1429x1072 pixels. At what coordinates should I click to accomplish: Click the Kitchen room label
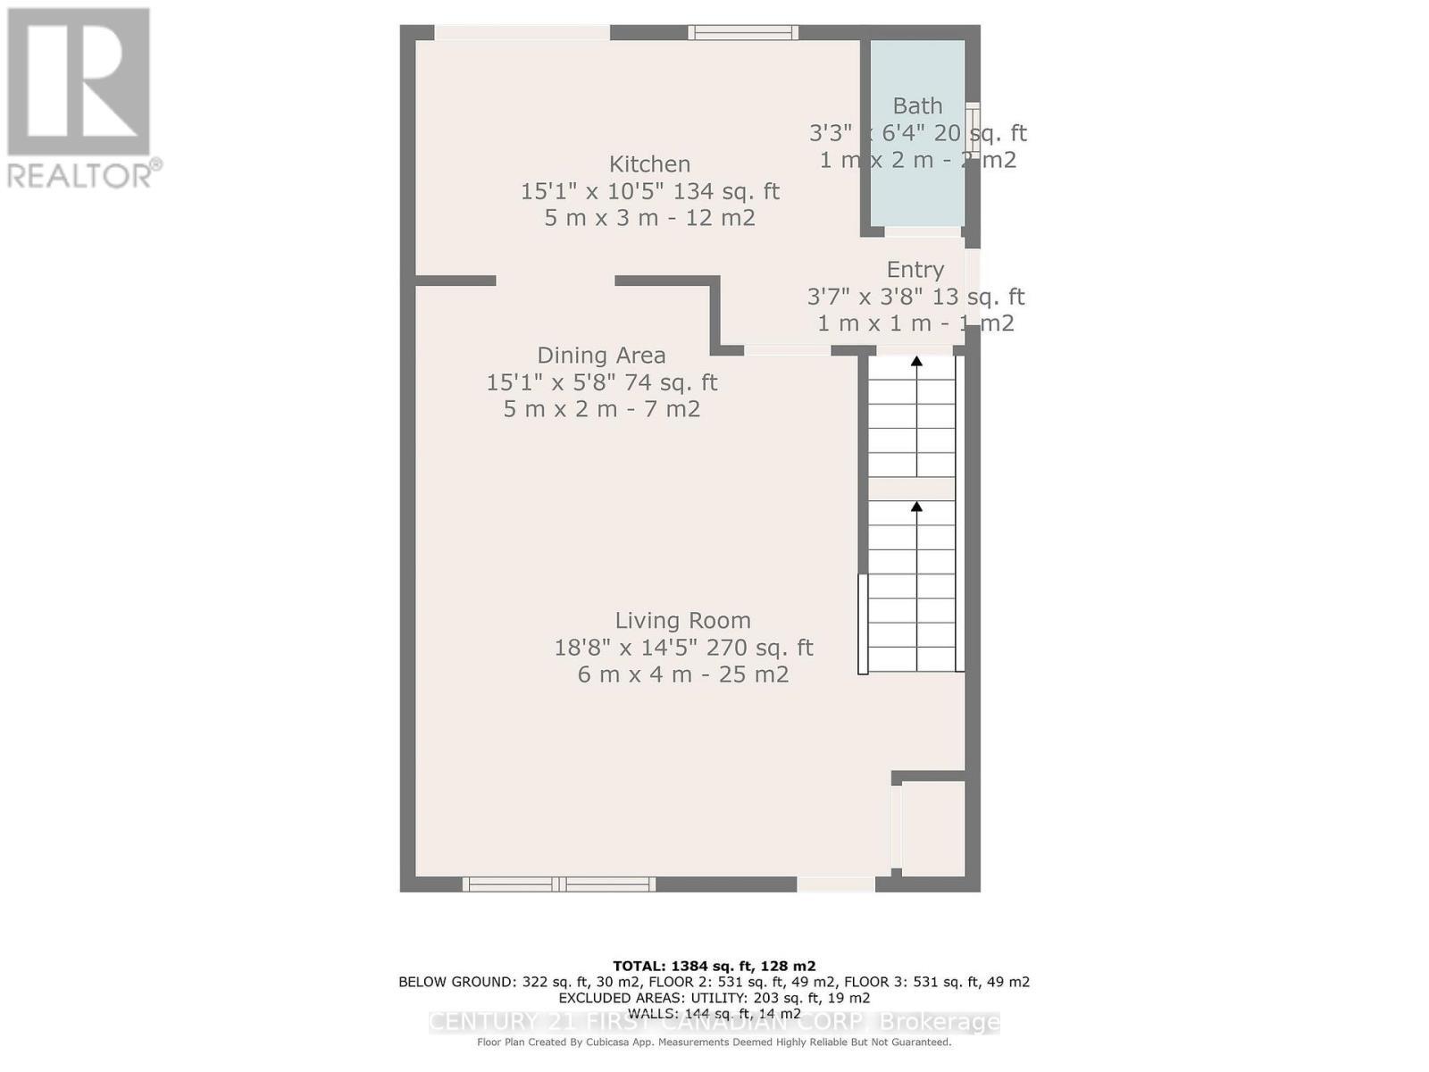coord(649,164)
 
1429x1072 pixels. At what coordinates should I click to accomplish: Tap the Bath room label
coord(917,106)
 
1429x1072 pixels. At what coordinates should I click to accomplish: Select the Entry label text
coord(915,270)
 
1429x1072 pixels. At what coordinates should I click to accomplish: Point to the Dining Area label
coord(601,356)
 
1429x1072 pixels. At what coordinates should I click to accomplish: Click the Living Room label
coord(682,621)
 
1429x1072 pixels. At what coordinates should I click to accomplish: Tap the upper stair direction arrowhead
coord(916,362)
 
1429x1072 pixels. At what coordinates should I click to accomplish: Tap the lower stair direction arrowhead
coord(916,507)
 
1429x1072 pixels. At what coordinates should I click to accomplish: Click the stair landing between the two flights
coord(912,489)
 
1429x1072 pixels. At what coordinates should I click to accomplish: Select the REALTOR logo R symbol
coord(79,82)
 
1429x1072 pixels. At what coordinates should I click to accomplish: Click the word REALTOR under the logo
coord(79,175)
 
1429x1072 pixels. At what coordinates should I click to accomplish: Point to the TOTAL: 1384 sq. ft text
coord(714,966)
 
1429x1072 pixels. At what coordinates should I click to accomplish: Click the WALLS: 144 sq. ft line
coord(714,1013)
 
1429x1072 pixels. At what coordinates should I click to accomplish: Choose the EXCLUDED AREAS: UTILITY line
coord(714,998)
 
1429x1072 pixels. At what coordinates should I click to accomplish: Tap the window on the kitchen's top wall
coord(743,33)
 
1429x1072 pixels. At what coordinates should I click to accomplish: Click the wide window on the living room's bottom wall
coord(559,884)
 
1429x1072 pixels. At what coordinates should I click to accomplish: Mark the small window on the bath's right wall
coord(974,131)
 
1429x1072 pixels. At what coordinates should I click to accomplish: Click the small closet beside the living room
coord(932,828)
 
